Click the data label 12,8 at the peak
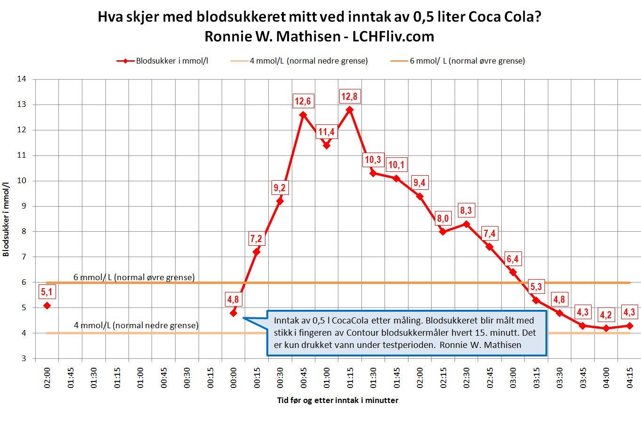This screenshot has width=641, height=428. click(349, 97)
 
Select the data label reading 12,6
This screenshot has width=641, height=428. click(303, 101)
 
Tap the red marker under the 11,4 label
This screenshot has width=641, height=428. click(326, 145)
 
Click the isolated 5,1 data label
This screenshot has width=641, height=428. click(47, 292)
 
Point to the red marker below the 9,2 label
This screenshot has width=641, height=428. click(280, 201)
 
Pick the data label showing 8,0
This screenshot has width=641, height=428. click(442, 218)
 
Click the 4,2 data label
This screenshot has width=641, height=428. click(606, 315)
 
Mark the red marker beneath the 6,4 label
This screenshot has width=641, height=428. click(513, 272)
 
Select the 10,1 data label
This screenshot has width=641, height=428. click(396, 165)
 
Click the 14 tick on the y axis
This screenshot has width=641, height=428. click(22, 79)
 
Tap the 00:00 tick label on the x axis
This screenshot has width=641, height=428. click(233, 378)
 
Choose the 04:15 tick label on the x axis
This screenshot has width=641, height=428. click(629, 378)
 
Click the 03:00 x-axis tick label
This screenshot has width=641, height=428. click(513, 378)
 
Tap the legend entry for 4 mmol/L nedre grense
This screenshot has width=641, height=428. click(308, 61)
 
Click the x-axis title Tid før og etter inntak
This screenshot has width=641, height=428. click(337, 401)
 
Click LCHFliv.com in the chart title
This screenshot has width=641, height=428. click(393, 37)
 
